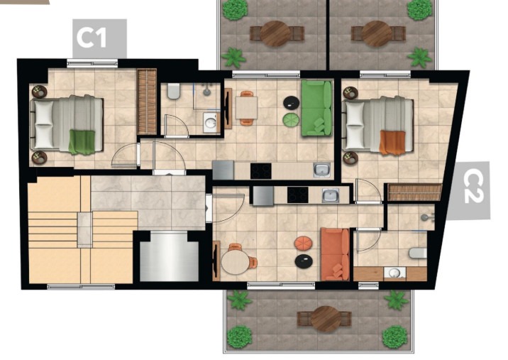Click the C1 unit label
[92, 38]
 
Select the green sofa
[317, 108]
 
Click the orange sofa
[335, 254]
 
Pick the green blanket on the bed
[82, 142]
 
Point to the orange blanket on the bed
[392, 142]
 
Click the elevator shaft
[169, 257]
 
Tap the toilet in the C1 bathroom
[174, 92]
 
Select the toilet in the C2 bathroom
[418, 253]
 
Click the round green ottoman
[290, 119]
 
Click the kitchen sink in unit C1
[321, 170]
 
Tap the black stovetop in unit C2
[298, 195]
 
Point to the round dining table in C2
[236, 263]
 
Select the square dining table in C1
[246, 108]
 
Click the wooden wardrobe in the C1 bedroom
[147, 102]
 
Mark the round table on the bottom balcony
[326, 319]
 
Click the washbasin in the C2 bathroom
[394, 273]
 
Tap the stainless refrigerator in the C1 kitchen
[223, 170]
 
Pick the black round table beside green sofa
[292, 102]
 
